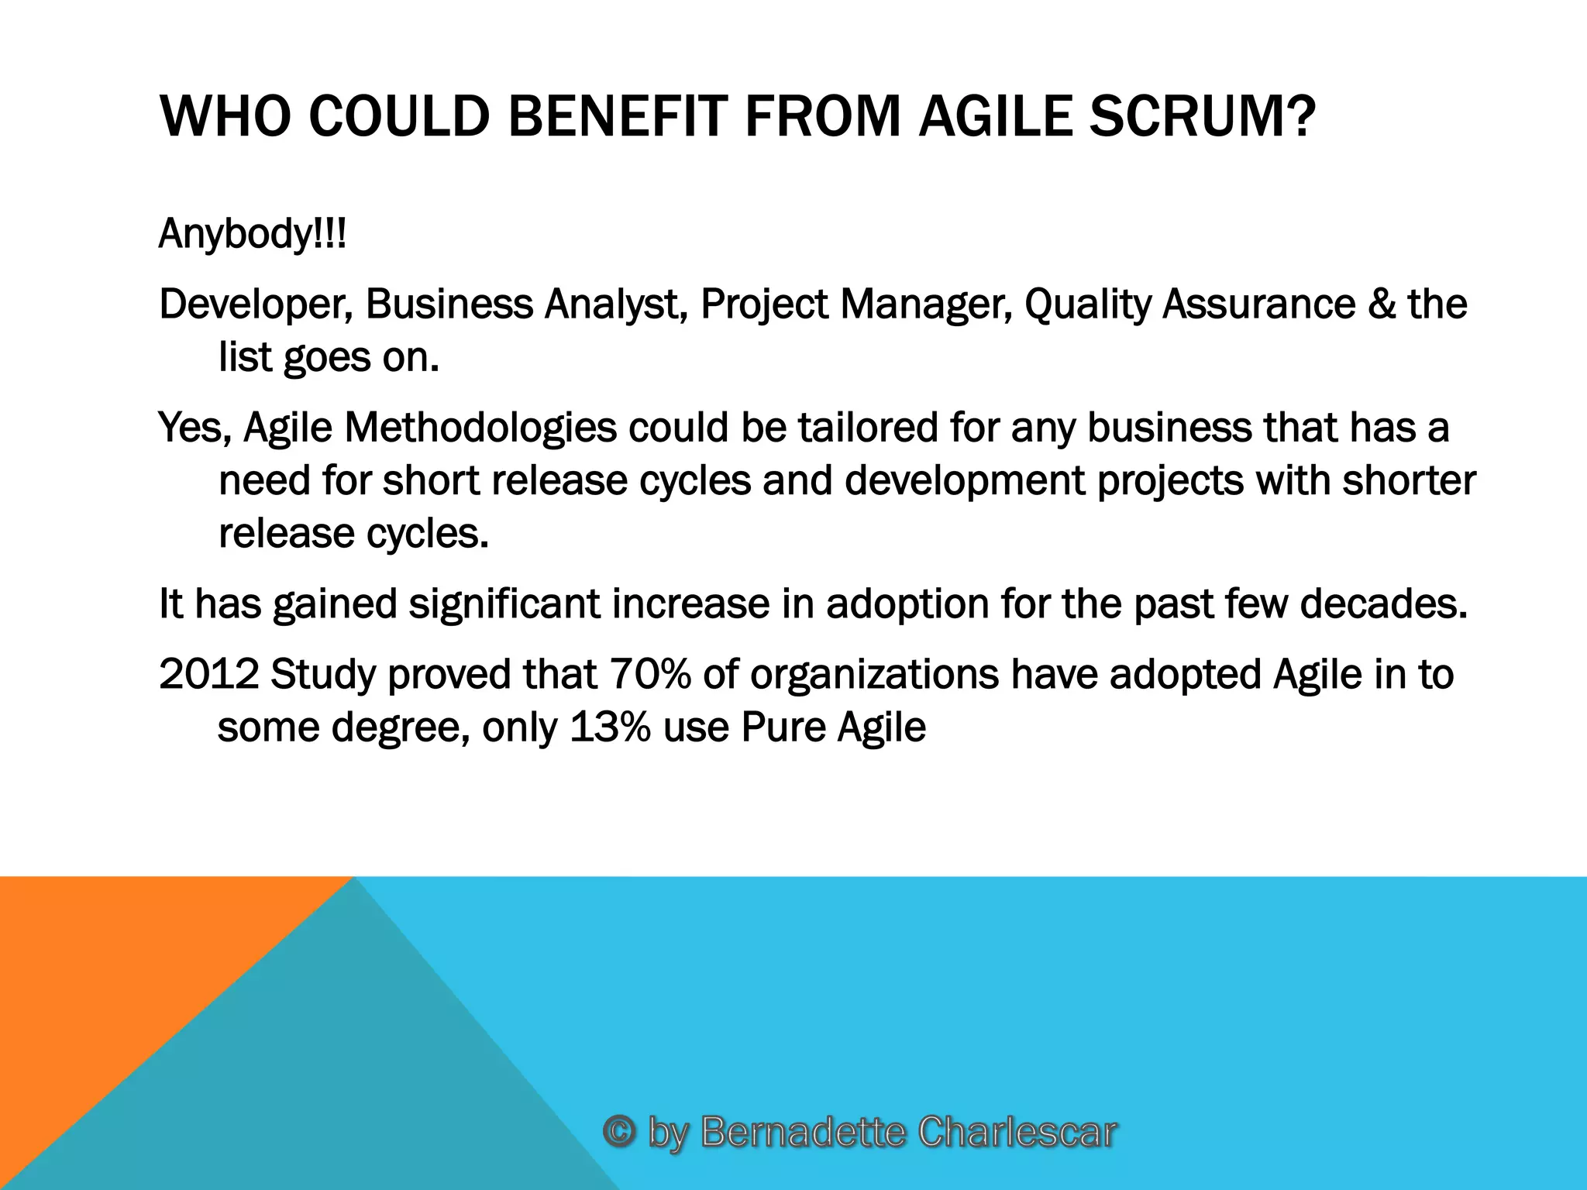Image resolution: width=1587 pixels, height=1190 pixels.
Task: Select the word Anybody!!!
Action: (x=252, y=234)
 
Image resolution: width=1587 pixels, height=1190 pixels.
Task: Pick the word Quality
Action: (x=1088, y=304)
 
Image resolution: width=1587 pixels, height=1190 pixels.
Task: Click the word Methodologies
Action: (x=480, y=428)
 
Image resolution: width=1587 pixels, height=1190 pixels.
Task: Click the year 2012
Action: (x=208, y=674)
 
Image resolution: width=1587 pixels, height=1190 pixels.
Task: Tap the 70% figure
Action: (x=649, y=674)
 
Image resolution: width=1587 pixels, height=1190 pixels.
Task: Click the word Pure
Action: (x=783, y=727)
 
